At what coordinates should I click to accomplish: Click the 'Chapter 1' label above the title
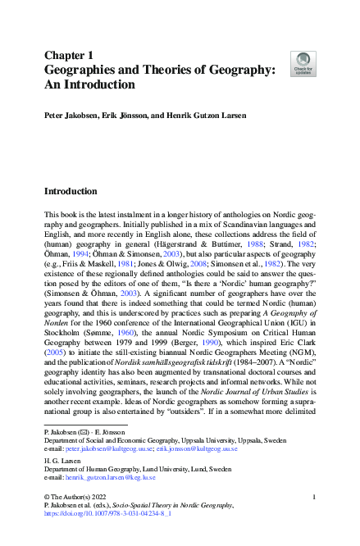click(x=70, y=56)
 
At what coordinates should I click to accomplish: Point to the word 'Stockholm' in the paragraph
click(x=60, y=333)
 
